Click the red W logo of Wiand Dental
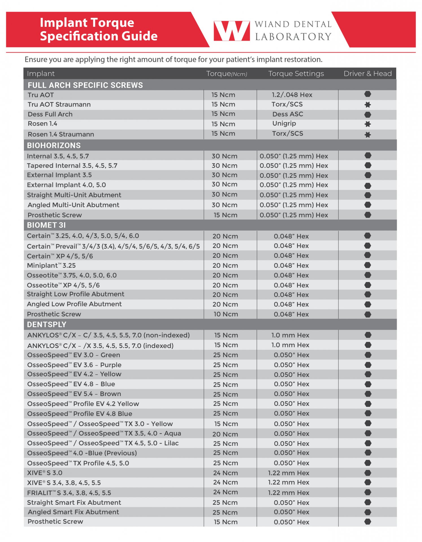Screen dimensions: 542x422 231,31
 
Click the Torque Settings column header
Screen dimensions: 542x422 296,74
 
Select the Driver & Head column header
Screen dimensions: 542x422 367,74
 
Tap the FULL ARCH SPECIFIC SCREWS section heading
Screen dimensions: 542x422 85,85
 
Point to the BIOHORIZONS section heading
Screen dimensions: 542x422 54,145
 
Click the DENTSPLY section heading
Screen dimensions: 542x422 47,325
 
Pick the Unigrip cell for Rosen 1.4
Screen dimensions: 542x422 284,124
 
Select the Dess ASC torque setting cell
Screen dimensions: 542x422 287,114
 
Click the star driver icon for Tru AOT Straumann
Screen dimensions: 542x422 367,105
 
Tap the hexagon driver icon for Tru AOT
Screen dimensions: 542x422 367,94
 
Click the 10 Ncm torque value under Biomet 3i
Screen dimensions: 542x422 226,314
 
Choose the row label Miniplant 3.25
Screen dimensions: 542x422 51,266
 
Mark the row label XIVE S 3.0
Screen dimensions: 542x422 45,473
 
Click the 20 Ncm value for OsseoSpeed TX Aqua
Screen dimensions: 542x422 225,434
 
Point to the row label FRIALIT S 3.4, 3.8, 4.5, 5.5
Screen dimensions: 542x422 69,493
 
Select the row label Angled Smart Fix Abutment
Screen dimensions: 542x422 73,512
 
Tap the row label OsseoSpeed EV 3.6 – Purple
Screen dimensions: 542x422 74,365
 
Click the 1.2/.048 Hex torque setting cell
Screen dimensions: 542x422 292,95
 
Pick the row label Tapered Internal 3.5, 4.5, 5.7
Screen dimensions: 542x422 72,166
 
